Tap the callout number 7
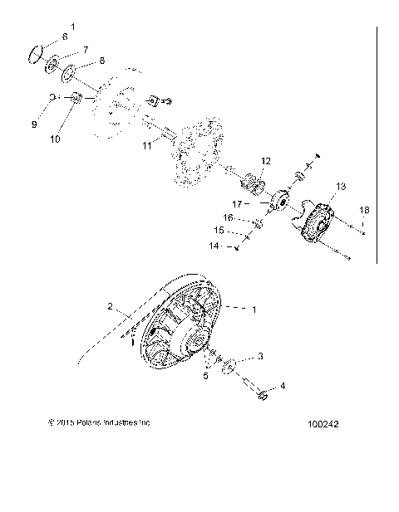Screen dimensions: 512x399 [84, 51]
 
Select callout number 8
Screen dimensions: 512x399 [101, 61]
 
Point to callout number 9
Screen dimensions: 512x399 [35, 124]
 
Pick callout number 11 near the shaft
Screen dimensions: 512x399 [146, 145]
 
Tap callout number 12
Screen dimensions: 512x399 [266, 160]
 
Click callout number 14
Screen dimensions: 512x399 [212, 247]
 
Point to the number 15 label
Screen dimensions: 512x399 [219, 232]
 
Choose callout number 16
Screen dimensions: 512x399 [227, 217]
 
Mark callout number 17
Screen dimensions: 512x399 [236, 202]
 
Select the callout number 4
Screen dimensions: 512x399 [282, 386]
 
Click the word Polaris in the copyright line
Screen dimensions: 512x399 [89, 422]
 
